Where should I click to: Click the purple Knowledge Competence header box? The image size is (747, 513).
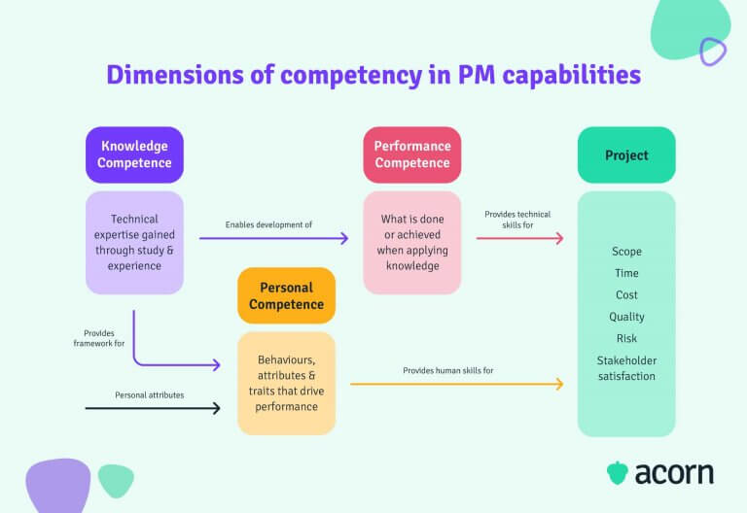(x=134, y=154)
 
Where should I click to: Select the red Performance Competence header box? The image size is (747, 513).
(x=412, y=154)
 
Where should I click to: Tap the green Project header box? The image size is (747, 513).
(x=626, y=154)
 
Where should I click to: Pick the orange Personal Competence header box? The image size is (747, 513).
(x=286, y=295)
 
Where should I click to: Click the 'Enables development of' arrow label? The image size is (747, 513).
(x=268, y=224)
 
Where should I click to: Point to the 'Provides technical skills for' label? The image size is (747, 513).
(x=517, y=220)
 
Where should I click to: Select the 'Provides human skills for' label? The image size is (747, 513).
(x=448, y=370)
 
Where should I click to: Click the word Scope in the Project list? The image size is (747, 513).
(x=626, y=252)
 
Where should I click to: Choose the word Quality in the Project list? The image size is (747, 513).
(x=626, y=317)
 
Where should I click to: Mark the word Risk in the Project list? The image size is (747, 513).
(x=626, y=338)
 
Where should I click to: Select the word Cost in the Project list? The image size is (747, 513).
(x=626, y=294)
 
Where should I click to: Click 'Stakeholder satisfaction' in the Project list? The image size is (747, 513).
(x=626, y=368)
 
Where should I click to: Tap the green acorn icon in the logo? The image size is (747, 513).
(x=617, y=473)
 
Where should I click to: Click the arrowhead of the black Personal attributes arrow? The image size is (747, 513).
(x=216, y=408)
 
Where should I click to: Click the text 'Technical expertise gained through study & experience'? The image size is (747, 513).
(x=134, y=242)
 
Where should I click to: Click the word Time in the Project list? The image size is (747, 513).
(x=626, y=273)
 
